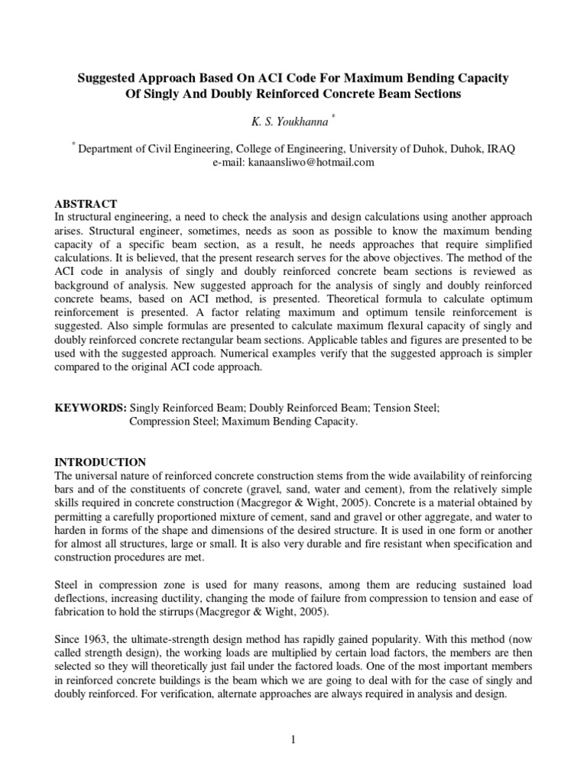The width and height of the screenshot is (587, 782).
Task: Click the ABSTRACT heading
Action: pyautogui.click(x=85, y=204)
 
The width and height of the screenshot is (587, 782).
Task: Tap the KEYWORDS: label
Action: pyautogui.click(x=91, y=409)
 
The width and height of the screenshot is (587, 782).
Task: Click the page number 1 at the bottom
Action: pyautogui.click(x=294, y=738)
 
